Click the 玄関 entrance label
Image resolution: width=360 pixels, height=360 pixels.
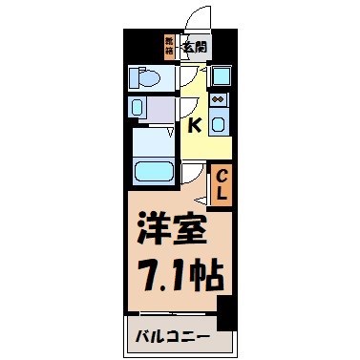(x=195, y=45)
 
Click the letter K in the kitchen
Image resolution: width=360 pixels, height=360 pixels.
(x=195, y=124)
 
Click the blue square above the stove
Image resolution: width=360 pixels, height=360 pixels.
(x=220, y=75)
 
